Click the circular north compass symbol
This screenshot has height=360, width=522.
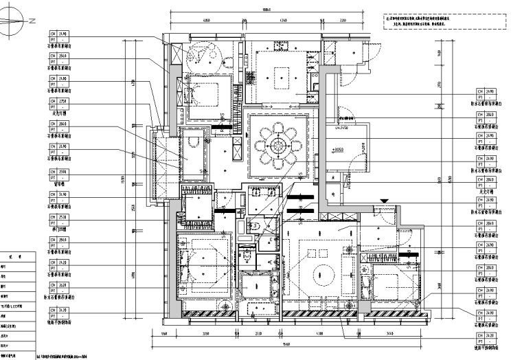(x=16, y=22)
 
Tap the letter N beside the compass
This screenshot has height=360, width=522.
(x=31, y=21)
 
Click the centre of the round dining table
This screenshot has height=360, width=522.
(x=278, y=145)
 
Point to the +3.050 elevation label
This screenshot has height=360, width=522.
(x=338, y=149)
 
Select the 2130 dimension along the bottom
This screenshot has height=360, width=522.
(x=258, y=334)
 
